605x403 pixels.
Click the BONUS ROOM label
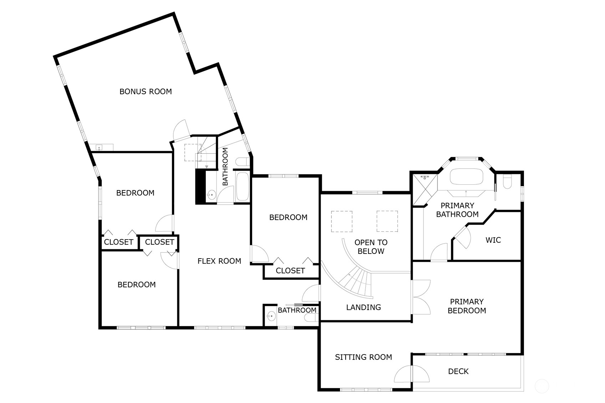pos(146,92)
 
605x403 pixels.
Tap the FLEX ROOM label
pos(219,261)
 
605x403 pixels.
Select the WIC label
pos(493,240)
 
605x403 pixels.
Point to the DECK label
pos(458,371)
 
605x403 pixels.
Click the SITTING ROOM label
pos(363,357)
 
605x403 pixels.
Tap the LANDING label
pos(363,307)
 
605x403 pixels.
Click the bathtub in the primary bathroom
pos(467,177)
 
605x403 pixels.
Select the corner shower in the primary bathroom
pos(425,190)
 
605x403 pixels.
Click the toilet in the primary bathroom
pos(508,182)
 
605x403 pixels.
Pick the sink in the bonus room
pos(100,148)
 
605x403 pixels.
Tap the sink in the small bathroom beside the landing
pos(271,316)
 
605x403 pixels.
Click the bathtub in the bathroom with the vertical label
pos(242,187)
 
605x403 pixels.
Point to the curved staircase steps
pos(356,283)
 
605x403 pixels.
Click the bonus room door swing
pos(180,130)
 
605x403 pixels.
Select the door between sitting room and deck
pos(412,374)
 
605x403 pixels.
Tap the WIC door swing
pos(462,237)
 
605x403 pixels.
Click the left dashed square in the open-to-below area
pos(342,221)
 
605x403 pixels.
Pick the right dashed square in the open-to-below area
pos(387,221)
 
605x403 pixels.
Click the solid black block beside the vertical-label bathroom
pos(200,187)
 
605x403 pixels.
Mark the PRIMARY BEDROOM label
pos(467,306)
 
